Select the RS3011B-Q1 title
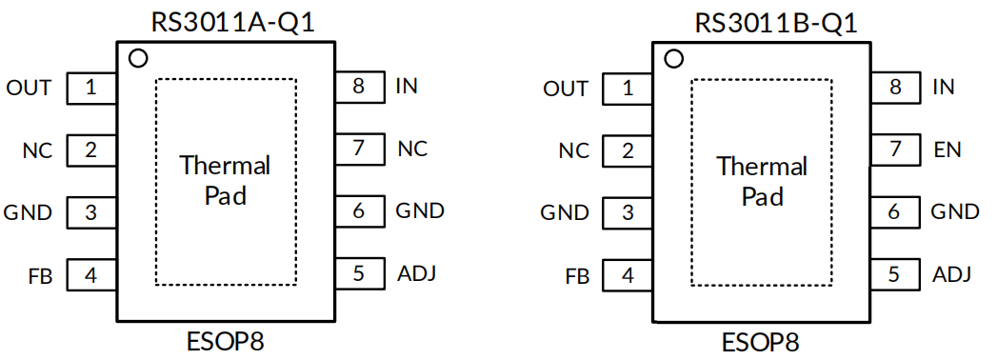(762, 21)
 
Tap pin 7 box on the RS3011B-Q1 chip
(895, 150)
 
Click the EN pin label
(947, 150)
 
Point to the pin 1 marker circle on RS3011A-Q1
(137, 59)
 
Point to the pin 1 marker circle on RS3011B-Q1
(674, 59)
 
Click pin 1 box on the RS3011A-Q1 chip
(91, 89)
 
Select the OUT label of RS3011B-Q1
(566, 89)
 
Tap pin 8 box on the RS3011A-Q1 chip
(359, 87)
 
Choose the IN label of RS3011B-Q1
(944, 88)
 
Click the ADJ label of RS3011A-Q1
(416, 274)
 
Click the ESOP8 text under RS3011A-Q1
(225, 341)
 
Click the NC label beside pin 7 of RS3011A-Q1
(411, 149)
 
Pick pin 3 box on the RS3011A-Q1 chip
(91, 212)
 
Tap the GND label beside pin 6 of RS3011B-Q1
(955, 211)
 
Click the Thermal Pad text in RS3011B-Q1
(762, 181)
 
